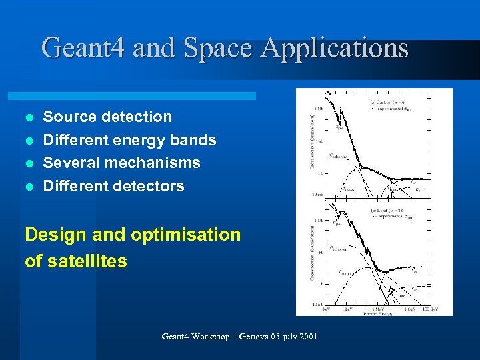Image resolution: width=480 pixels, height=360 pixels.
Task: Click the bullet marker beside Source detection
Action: point(28,117)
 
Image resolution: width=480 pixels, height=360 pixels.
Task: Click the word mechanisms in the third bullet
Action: point(158,163)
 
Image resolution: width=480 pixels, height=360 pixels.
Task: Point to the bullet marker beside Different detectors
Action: point(28,187)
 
